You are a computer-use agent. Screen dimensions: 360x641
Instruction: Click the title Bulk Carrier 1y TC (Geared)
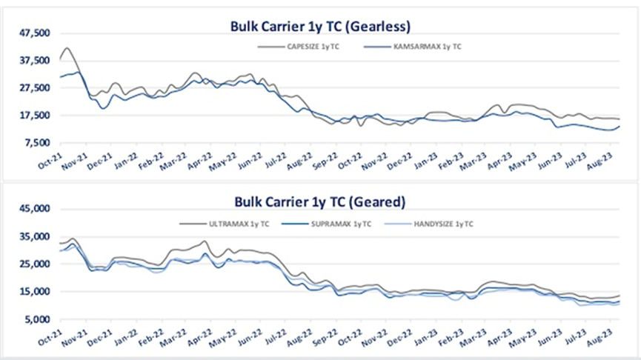click(x=319, y=201)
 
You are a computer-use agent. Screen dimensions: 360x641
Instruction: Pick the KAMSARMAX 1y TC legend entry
click(x=428, y=47)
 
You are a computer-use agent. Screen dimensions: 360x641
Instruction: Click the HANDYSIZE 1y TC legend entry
click(x=445, y=223)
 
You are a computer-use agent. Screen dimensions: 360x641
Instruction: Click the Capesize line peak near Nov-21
click(x=67, y=48)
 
